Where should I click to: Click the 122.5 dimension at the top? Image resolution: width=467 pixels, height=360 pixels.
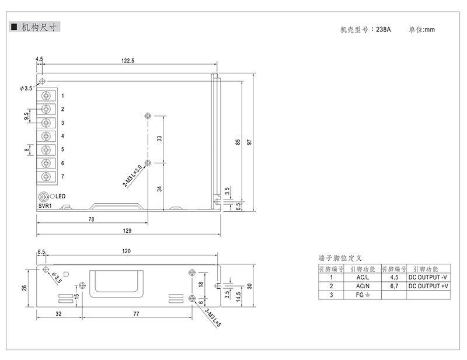click(x=128, y=61)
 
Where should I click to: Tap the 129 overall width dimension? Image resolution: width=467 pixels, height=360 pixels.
click(x=127, y=230)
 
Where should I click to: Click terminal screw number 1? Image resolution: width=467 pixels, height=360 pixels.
click(x=46, y=95)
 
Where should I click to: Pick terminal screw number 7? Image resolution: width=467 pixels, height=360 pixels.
click(x=46, y=176)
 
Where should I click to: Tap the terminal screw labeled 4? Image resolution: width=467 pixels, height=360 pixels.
click(x=46, y=136)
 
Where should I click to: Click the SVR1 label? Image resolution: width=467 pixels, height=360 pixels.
click(x=45, y=206)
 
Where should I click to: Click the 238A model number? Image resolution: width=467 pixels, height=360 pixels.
click(x=384, y=29)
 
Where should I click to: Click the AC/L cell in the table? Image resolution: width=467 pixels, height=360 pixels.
click(x=363, y=277)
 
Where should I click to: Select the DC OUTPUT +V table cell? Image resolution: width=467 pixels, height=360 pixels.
click(x=428, y=286)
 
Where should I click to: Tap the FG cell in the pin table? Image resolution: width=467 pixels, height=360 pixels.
click(x=363, y=295)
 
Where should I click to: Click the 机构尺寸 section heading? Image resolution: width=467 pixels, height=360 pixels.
click(x=39, y=27)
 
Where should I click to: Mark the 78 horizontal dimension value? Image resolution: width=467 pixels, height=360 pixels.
click(x=92, y=219)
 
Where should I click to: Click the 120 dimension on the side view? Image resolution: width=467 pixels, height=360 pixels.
click(x=127, y=251)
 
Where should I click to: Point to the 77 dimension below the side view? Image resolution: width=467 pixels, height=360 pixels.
click(x=136, y=314)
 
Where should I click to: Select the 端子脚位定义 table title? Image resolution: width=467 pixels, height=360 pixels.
click(x=340, y=257)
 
